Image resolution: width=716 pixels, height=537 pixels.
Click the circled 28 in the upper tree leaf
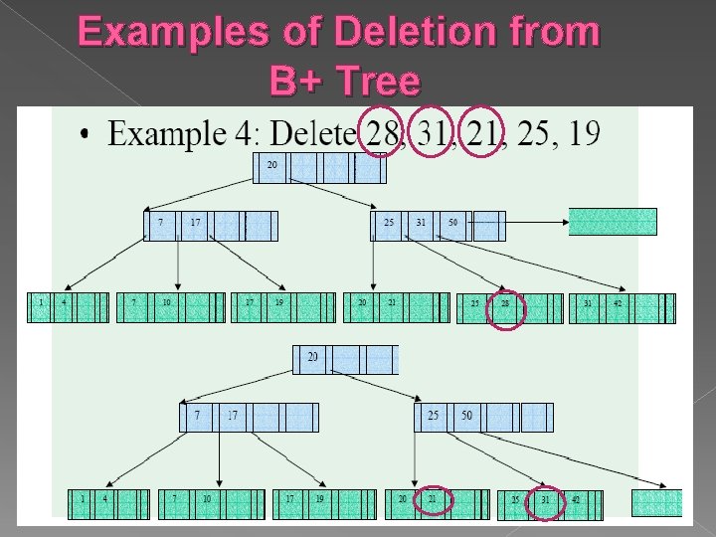click(x=505, y=303)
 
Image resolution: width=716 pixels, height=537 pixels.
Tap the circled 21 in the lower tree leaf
click(x=433, y=498)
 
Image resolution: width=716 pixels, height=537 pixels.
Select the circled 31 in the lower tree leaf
click(x=544, y=499)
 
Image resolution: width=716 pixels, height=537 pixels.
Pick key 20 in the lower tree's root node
click(x=312, y=356)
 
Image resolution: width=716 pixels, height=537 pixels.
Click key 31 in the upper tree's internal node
click(x=421, y=222)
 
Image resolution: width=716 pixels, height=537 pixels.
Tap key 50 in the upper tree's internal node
click(x=452, y=222)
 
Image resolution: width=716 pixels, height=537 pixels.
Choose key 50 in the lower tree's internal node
click(x=465, y=416)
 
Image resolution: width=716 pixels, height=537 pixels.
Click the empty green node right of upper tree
click(x=613, y=221)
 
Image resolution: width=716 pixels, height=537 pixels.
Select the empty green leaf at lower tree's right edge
click(x=657, y=502)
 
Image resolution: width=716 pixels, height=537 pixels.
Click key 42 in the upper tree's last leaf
click(x=617, y=303)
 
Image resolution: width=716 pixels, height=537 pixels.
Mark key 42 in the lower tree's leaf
click(x=575, y=499)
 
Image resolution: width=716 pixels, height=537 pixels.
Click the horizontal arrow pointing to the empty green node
click(x=536, y=221)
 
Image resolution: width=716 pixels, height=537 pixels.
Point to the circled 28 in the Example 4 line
click(x=379, y=133)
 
